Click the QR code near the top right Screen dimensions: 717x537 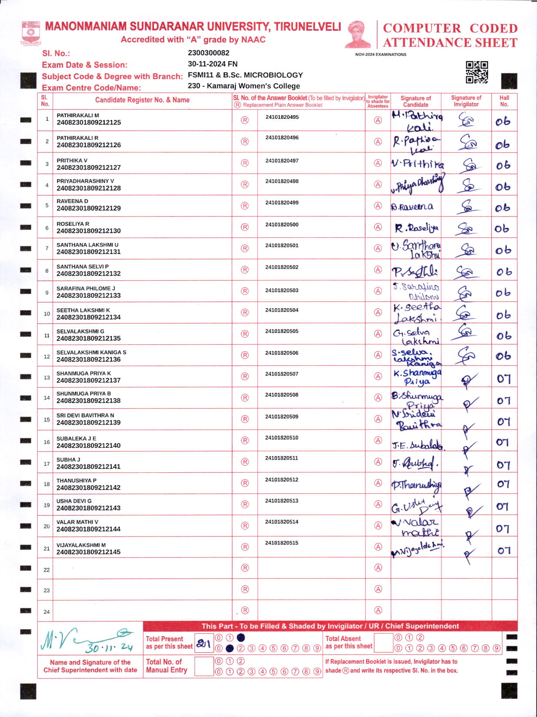477,72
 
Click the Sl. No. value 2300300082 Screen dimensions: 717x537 209,53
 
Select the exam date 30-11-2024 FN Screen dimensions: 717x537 212,64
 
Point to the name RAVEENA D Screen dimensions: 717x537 72,201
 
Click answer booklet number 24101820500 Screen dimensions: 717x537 282,225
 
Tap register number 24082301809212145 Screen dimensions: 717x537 89,552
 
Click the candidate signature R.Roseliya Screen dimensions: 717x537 416,228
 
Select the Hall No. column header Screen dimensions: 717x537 504,101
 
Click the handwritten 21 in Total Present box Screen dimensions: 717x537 203,644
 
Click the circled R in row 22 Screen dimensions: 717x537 245,568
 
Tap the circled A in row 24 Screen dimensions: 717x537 378,610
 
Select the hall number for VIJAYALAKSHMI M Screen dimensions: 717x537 504,551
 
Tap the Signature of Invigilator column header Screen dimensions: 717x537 466,101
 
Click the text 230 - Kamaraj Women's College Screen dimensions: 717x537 244,86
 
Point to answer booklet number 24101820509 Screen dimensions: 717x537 282,417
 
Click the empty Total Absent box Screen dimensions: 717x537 383,642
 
